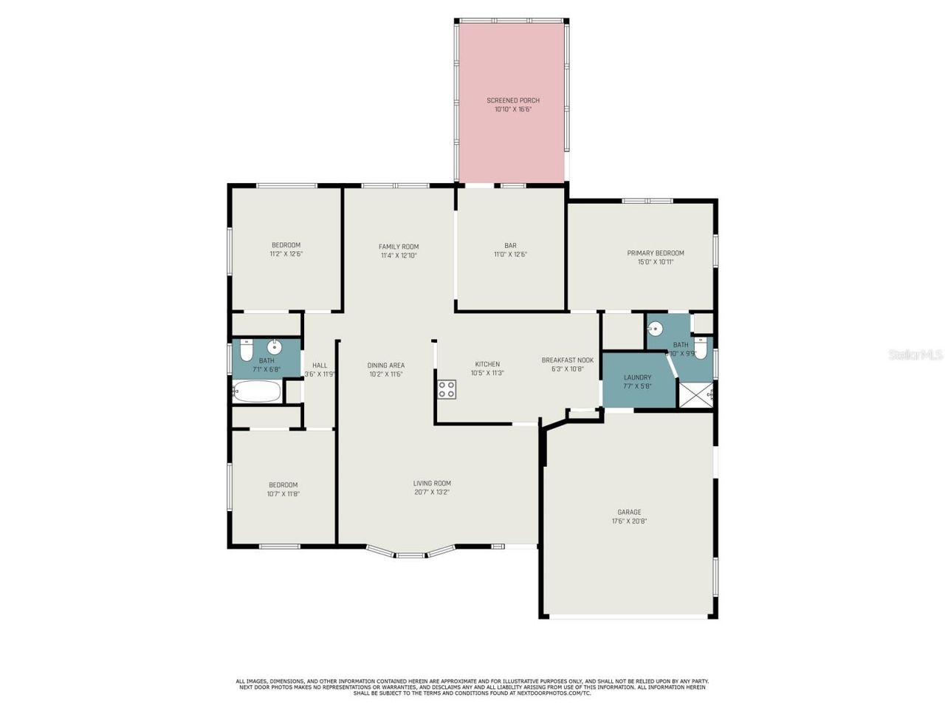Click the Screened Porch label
[x=512, y=100]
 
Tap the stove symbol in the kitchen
[x=446, y=389]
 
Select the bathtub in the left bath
[x=257, y=391]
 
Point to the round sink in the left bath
[x=275, y=346]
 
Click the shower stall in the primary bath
[x=695, y=395]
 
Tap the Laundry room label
[x=637, y=377]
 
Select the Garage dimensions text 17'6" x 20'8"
[x=629, y=521]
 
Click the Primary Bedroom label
[x=656, y=253]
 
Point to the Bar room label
[x=510, y=246]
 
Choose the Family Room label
[x=399, y=247]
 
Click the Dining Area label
[x=386, y=365]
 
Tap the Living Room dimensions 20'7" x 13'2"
[x=432, y=492]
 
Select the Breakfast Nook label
[x=567, y=360]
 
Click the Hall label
[x=320, y=365]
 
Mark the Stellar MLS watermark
[x=915, y=355]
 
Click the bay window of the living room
[x=410, y=552]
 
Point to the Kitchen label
[x=487, y=364]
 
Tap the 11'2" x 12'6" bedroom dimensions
[x=286, y=253]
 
